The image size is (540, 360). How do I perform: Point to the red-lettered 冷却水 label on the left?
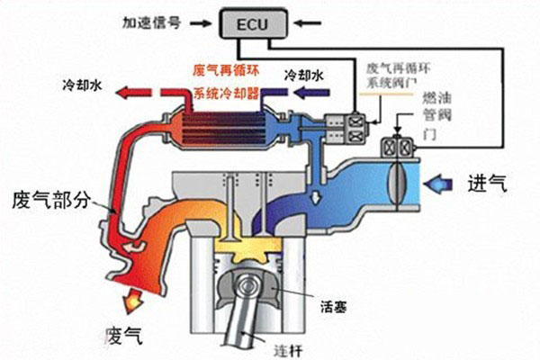coord(84,84)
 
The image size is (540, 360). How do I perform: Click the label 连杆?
coord(294,346)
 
